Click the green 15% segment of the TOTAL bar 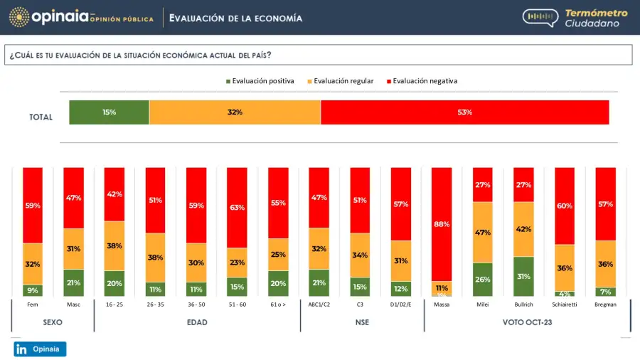109,112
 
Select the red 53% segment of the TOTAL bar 464,112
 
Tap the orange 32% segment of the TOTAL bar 235,112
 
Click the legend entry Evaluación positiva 260,81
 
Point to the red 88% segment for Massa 442,224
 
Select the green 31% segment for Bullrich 523,276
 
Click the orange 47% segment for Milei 483,232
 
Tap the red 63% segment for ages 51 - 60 238,207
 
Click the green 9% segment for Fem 33,290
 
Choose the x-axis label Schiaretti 565,304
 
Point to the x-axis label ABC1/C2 319,304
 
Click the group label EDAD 197,322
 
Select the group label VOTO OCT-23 528,322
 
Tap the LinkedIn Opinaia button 40,349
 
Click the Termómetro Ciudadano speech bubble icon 540,18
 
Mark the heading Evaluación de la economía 235,18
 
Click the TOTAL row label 41,117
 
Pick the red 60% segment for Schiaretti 565,206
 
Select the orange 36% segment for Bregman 605,264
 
